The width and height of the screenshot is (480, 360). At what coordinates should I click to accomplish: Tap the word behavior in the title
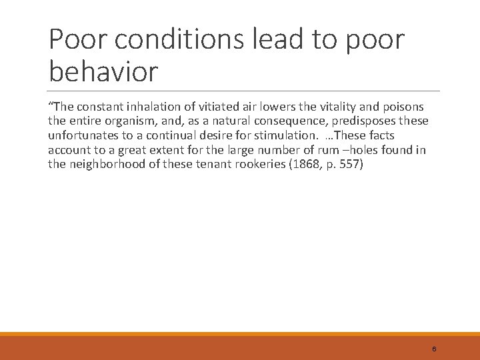pyautogui.click(x=103, y=71)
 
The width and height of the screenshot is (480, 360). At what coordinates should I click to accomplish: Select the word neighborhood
pyautogui.click(x=108, y=164)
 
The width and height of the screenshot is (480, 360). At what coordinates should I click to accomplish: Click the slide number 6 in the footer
pyautogui.click(x=434, y=349)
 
